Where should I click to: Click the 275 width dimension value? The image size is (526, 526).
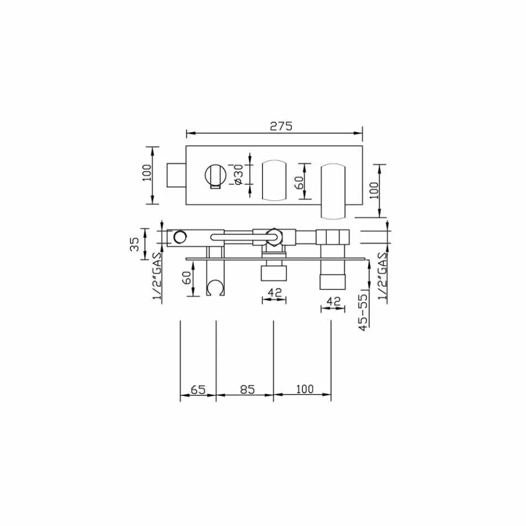pyautogui.click(x=281, y=126)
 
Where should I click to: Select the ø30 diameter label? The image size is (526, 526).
pyautogui.click(x=239, y=174)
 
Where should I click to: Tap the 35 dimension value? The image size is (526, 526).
pyautogui.click(x=134, y=244)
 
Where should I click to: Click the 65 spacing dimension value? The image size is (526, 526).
pyautogui.click(x=198, y=389)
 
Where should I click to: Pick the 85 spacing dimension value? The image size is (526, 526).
pyautogui.click(x=248, y=389)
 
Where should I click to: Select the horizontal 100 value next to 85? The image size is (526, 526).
pyautogui.click(x=303, y=389)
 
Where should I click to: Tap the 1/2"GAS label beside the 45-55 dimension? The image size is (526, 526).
pyautogui.click(x=382, y=276)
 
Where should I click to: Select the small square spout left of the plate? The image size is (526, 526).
pyautogui.click(x=176, y=175)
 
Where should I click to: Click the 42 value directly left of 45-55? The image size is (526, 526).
pyautogui.click(x=333, y=301)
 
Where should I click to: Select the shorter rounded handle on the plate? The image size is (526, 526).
pyautogui.click(x=274, y=180)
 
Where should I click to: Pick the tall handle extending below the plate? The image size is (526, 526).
pyautogui.click(x=333, y=192)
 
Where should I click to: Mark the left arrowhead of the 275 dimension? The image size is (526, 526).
pyautogui.click(x=189, y=133)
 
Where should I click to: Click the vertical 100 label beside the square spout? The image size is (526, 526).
pyautogui.click(x=147, y=173)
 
